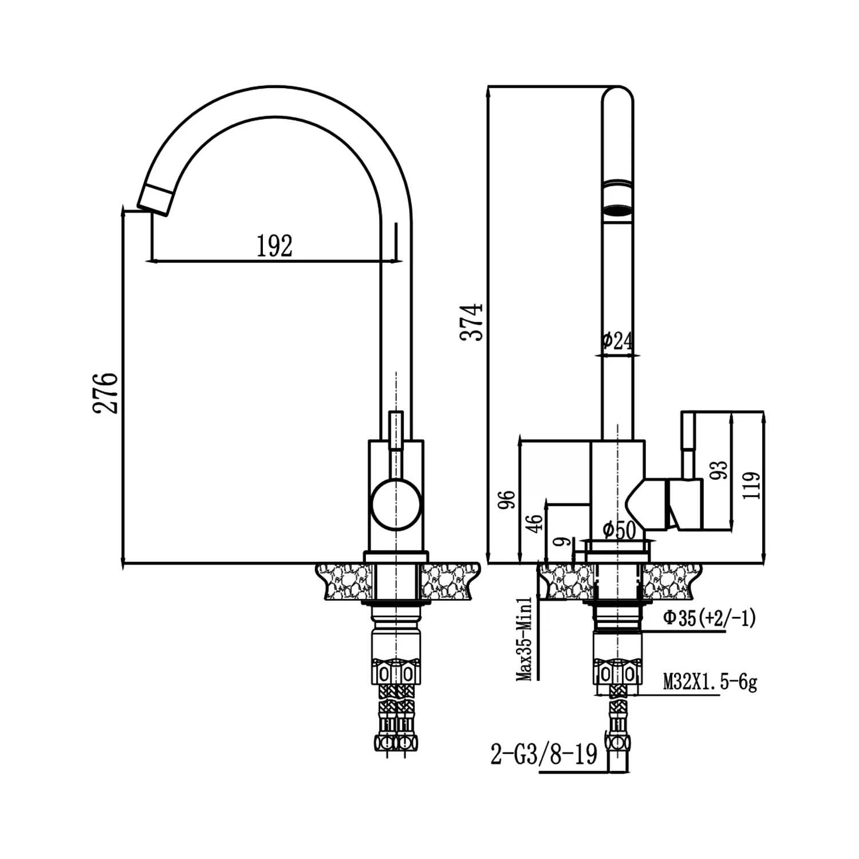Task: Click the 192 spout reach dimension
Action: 274,246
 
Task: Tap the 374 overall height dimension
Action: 472,322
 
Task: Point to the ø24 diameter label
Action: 618,341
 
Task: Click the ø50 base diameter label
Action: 619,530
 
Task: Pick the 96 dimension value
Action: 507,499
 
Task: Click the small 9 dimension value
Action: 564,542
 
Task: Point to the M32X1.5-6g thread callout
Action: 710,682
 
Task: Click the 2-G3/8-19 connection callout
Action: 543,754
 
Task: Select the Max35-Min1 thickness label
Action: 525,639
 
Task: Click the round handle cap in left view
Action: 396,505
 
